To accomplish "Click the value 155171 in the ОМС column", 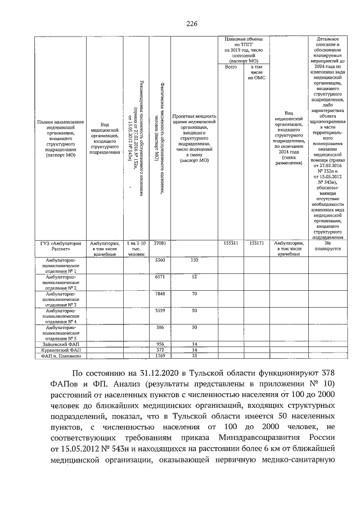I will tap(256, 242).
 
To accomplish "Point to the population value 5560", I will tap(159, 260).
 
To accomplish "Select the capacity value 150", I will tap(194, 260).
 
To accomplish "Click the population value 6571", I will tap(159, 277).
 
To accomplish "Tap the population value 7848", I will tap(159, 294).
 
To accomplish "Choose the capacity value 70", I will tap(194, 294).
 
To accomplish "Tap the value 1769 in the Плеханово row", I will tap(159, 355).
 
